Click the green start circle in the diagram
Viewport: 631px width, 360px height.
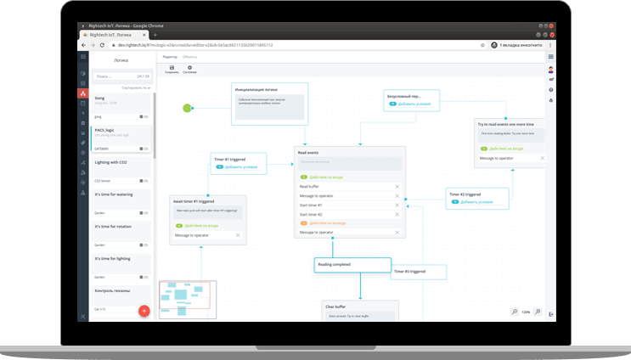coord(188,108)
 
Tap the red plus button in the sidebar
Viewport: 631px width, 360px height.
coord(144,311)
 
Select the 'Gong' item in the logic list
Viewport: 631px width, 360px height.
coord(100,98)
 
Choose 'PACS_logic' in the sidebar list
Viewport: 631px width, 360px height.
coord(105,130)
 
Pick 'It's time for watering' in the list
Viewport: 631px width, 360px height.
coord(113,194)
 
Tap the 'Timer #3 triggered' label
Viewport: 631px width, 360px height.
coord(408,272)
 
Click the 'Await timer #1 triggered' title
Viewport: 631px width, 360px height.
coord(194,202)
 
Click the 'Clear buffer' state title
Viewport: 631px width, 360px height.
coord(335,306)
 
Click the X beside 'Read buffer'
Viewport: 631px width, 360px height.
coord(397,186)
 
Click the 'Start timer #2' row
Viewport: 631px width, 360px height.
coord(311,214)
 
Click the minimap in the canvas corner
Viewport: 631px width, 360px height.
coord(187,299)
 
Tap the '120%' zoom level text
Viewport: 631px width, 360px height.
coord(526,312)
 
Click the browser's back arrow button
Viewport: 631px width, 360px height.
coord(83,44)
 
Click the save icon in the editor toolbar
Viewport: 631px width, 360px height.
coord(172,68)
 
